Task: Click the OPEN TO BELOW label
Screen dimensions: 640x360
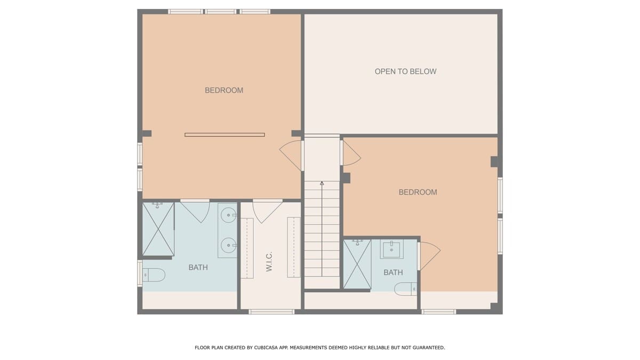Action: click(405, 71)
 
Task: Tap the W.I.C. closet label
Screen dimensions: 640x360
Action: click(269, 262)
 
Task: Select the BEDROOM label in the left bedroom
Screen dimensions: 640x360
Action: click(224, 90)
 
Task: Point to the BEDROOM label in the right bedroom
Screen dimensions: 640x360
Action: click(418, 193)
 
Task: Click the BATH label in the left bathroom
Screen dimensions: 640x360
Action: click(198, 267)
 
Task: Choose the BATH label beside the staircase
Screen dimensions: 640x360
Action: click(393, 273)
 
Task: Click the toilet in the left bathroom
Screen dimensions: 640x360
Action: click(154, 275)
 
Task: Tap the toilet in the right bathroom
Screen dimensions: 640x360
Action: click(405, 289)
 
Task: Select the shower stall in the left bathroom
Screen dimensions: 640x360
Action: click(158, 229)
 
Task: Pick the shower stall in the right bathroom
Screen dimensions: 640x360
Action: click(357, 264)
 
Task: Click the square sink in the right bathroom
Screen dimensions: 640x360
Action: click(391, 249)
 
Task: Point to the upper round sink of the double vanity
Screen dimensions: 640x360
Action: click(228, 215)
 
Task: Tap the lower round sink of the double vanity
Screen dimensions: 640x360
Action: click(228, 245)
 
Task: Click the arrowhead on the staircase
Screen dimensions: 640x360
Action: click(322, 183)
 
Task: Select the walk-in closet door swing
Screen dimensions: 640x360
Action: click(267, 211)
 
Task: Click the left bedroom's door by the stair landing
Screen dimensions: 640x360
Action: click(291, 156)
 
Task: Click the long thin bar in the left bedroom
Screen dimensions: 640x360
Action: click(225, 135)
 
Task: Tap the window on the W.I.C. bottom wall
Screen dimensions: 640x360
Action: click(271, 311)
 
